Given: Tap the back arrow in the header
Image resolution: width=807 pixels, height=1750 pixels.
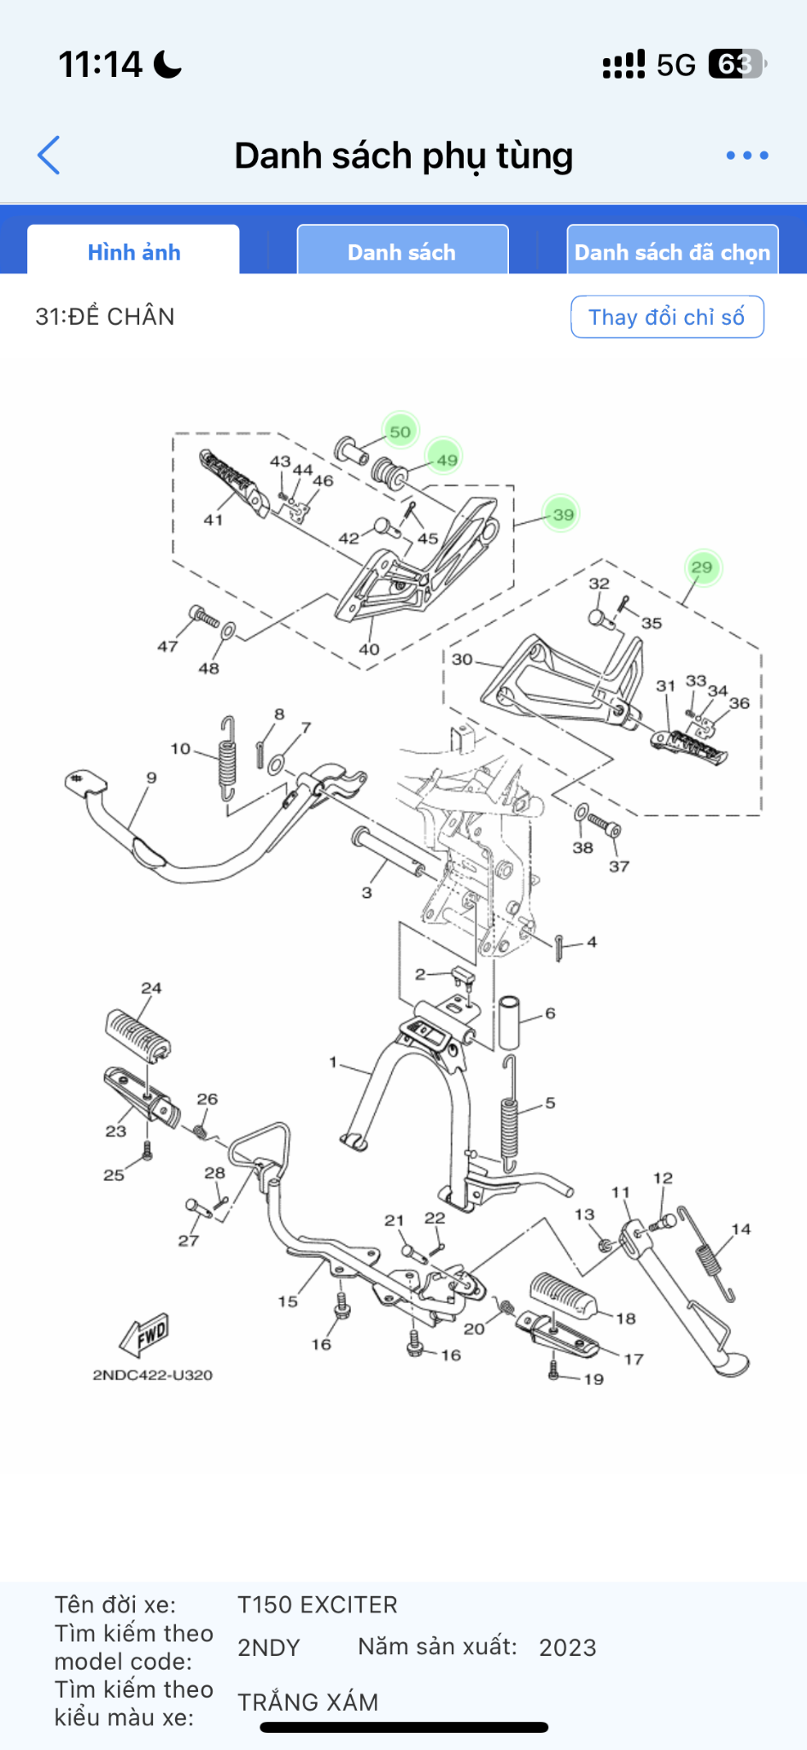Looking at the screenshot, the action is (49, 156).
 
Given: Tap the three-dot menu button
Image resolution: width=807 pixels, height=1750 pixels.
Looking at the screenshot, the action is (747, 156).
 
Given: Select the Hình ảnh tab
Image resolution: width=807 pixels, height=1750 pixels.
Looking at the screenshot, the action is (133, 251).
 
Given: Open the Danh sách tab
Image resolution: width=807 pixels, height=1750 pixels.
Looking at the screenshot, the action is (402, 251).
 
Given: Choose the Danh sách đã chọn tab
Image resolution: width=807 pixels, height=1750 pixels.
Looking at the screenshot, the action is (672, 251).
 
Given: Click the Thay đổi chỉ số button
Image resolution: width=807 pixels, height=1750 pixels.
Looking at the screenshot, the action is (667, 317).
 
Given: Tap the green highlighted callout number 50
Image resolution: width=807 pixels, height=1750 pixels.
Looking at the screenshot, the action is (401, 432).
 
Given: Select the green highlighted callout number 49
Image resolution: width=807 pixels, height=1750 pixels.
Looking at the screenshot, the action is (446, 459).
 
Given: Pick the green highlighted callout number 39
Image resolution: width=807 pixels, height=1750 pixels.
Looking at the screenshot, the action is (562, 514).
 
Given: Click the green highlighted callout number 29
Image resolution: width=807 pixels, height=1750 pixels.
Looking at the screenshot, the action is (702, 567).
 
